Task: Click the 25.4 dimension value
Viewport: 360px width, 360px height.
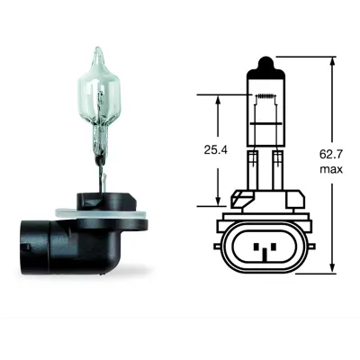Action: click(x=216, y=149)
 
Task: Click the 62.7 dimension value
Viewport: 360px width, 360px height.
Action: click(x=331, y=155)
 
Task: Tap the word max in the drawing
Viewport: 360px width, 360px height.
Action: click(x=331, y=169)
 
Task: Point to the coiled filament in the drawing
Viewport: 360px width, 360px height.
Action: click(x=265, y=96)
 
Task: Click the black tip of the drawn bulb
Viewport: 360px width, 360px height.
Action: click(x=265, y=64)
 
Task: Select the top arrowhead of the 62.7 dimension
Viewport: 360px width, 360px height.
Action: click(x=332, y=63)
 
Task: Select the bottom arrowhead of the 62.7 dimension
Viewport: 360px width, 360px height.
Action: click(x=332, y=266)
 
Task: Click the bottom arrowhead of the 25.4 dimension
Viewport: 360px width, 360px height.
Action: click(x=218, y=200)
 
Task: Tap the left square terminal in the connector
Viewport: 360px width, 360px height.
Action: click(x=256, y=247)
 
